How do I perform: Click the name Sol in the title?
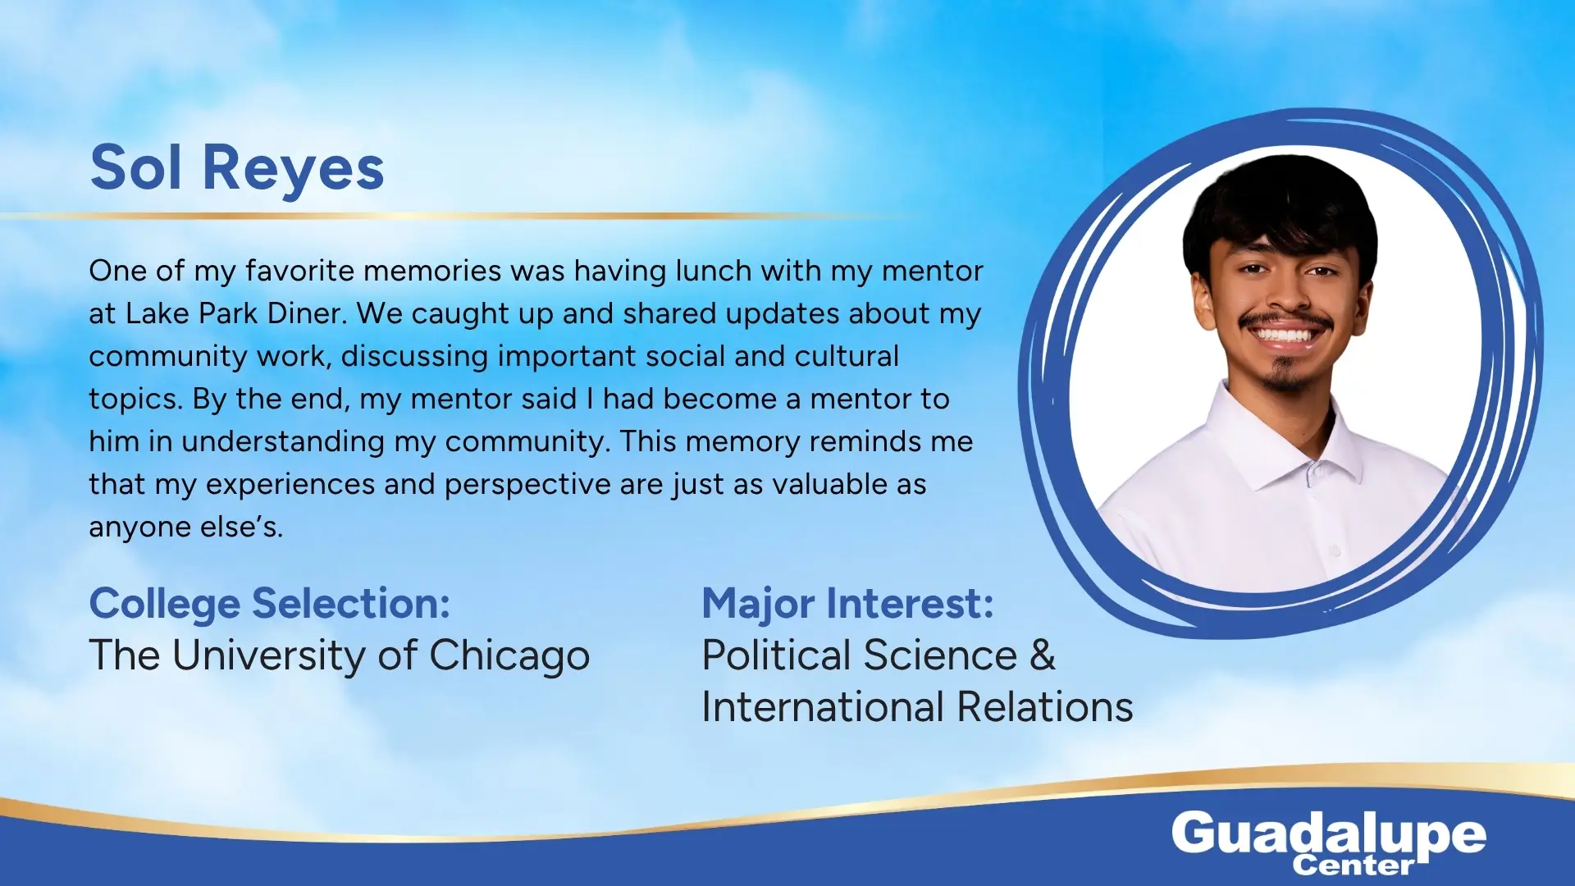tap(135, 167)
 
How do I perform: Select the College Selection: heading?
tap(270, 605)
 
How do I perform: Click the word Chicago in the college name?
tap(509, 657)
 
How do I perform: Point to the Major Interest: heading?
tap(847, 605)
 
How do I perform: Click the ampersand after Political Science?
tap(1043, 655)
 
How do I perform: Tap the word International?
tap(823, 707)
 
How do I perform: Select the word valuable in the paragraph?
tap(830, 484)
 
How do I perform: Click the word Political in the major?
tap(777, 655)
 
